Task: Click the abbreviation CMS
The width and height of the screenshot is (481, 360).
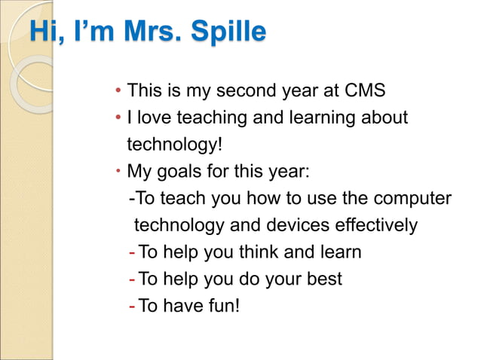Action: [364, 91]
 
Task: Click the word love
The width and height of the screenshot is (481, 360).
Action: [155, 117]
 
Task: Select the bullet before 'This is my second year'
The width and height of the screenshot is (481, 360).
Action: [118, 92]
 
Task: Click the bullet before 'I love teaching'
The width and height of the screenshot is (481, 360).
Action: [118, 118]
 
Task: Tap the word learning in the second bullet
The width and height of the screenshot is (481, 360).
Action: [320, 117]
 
